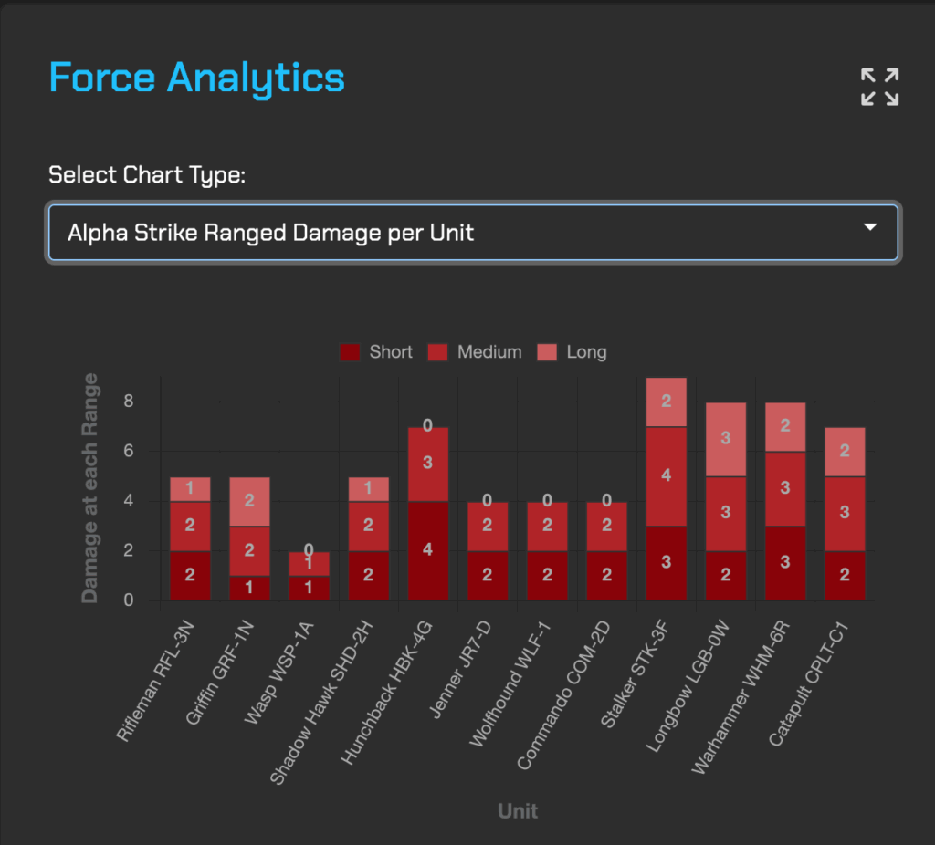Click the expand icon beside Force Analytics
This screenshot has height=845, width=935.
(x=880, y=87)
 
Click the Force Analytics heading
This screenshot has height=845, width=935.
(x=196, y=78)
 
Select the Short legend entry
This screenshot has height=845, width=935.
(x=376, y=352)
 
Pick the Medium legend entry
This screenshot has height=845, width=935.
(x=475, y=352)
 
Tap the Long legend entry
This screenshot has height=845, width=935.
(x=573, y=352)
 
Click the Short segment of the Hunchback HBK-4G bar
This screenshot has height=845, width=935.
(x=428, y=550)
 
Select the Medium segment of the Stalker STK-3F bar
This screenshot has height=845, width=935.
(x=667, y=475)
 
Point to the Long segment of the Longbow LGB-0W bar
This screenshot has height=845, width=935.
(x=726, y=439)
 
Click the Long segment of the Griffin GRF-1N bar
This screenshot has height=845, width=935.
(x=249, y=501)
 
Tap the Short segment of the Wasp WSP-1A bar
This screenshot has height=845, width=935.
(x=309, y=588)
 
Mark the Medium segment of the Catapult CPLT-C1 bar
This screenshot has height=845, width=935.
(x=845, y=513)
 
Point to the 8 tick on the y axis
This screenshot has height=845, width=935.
(x=129, y=402)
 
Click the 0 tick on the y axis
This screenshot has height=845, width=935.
(x=129, y=600)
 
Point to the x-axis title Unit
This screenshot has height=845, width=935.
(x=518, y=810)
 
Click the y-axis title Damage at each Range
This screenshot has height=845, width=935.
(x=89, y=488)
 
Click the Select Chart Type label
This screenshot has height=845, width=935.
(x=147, y=174)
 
